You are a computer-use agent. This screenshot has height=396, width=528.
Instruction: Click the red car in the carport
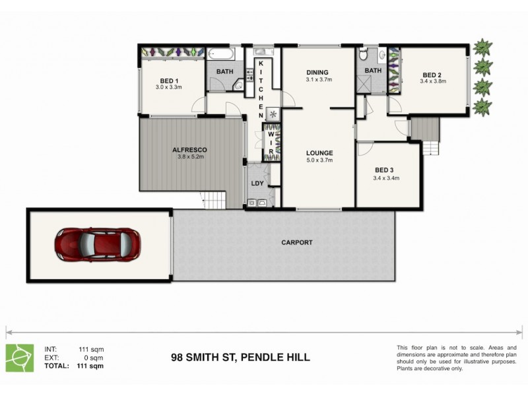[97, 244]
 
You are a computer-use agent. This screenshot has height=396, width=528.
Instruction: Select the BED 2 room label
[432, 75]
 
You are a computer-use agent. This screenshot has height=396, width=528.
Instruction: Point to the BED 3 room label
[385, 170]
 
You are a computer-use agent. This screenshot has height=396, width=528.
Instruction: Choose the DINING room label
[318, 72]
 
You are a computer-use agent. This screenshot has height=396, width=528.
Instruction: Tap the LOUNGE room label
[319, 152]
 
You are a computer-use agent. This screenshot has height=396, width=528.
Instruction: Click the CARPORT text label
[297, 242]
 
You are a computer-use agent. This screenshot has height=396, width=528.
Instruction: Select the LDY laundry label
[256, 184]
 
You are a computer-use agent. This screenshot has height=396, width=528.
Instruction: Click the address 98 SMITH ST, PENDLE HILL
[240, 358]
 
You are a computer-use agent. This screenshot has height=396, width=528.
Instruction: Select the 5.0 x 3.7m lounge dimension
[319, 160]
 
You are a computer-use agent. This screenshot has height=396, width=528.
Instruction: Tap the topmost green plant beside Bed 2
[483, 48]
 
